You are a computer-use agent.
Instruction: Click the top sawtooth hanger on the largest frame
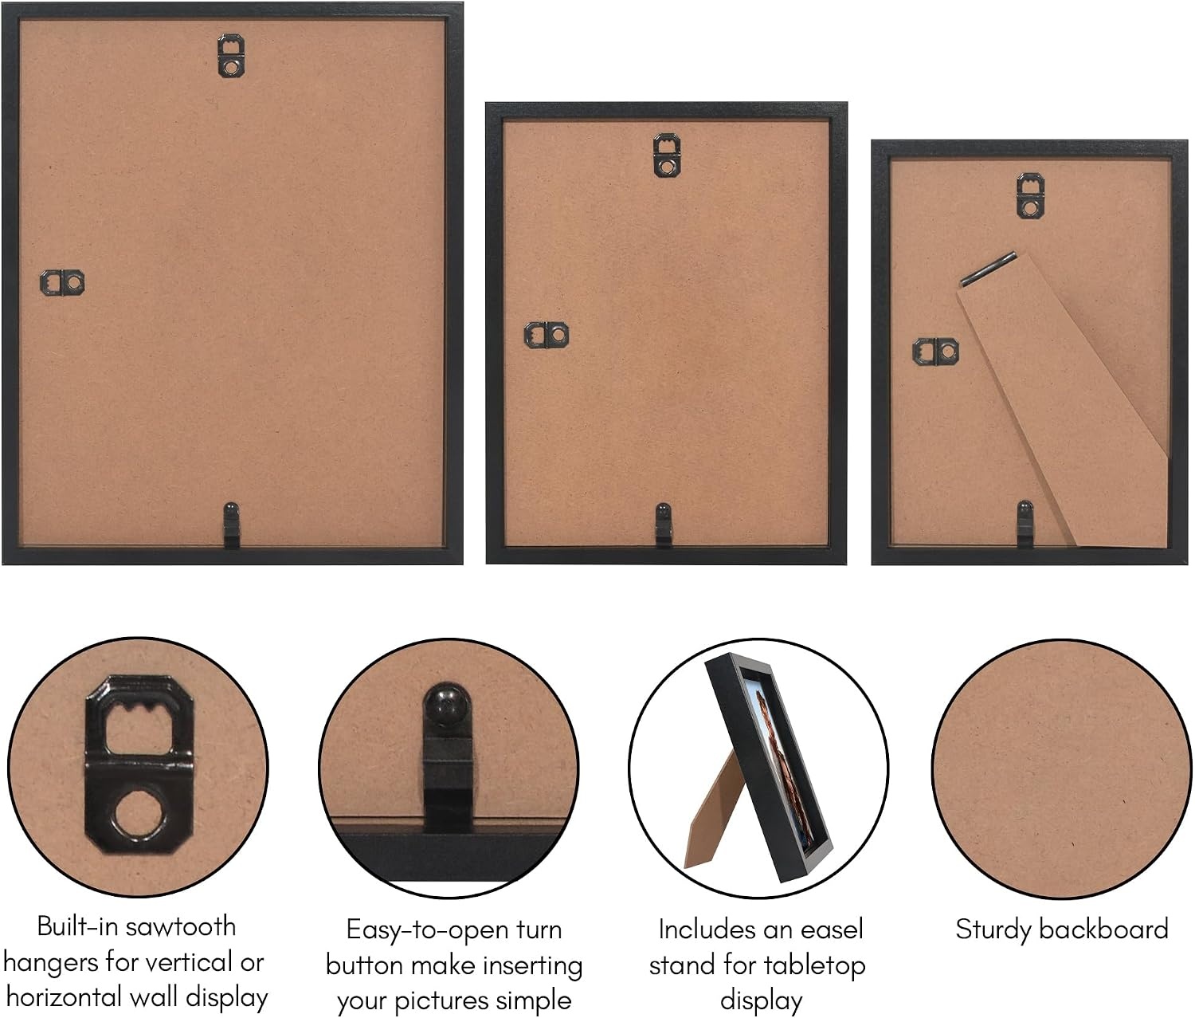(231, 56)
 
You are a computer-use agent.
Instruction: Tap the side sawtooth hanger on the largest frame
(62, 283)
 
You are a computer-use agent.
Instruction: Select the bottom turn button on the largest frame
(231, 525)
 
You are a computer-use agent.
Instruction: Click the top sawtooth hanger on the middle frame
(667, 155)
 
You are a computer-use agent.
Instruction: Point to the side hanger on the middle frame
(547, 335)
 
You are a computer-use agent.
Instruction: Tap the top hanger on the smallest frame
(1030, 195)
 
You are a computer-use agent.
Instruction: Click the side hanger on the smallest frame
(935, 352)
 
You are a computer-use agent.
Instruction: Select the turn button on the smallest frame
(1025, 524)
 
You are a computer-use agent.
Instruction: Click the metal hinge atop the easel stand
(988, 269)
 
